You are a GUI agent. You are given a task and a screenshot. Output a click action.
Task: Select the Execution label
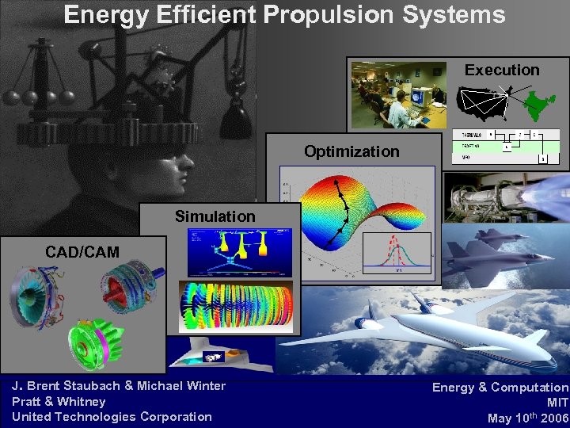point(502,70)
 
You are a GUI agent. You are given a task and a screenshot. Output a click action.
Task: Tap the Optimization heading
point(352,151)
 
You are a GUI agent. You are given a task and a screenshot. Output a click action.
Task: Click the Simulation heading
point(215,216)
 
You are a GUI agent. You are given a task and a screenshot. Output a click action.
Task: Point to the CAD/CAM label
point(82,252)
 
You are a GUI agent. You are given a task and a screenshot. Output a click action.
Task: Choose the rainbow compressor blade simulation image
point(235,305)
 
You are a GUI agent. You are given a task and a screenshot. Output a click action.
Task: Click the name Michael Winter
point(181,386)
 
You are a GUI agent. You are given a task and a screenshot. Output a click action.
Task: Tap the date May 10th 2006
point(527,418)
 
